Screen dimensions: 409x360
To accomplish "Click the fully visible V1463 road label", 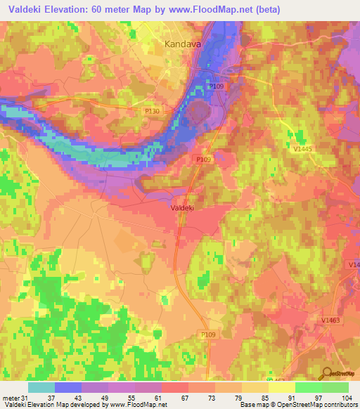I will pos(332,319).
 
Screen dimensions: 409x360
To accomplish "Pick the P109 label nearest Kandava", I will pos(217,86).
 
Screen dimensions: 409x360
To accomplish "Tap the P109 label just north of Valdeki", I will pos(203,160).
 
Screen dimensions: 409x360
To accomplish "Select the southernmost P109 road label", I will pos(207,335).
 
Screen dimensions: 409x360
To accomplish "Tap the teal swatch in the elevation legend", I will pos(41,387).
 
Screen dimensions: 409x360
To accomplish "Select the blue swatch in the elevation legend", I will pos(68,387).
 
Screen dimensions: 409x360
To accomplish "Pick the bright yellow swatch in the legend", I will pos(282,387).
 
